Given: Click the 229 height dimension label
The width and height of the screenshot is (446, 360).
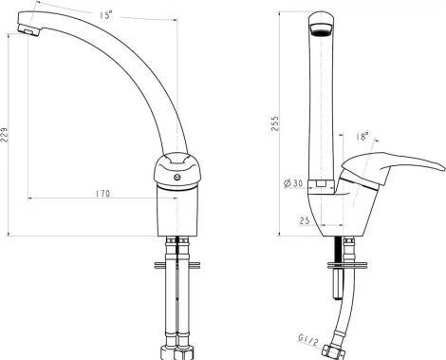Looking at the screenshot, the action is click(x=4, y=135).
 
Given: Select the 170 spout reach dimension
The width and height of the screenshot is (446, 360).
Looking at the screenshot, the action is click(x=103, y=194).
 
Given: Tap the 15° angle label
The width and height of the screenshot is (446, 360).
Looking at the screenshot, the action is click(x=106, y=15).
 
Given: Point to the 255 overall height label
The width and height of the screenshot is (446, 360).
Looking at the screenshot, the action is click(x=275, y=123).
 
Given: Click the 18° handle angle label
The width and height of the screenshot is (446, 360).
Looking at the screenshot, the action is click(x=362, y=136).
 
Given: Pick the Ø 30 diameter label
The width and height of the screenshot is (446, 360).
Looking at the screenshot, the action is click(x=293, y=183).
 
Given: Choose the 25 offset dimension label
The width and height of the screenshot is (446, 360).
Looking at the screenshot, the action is click(x=305, y=220).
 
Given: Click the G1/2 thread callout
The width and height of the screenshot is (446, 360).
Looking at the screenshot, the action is click(x=307, y=340).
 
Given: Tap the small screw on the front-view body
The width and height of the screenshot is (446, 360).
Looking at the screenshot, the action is click(x=178, y=177).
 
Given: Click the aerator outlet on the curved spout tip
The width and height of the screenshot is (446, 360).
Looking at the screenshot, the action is click(x=29, y=31).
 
